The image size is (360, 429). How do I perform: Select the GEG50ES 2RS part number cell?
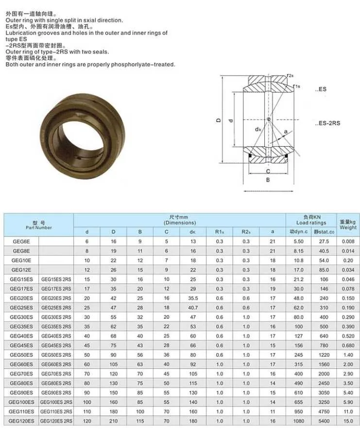[56, 355]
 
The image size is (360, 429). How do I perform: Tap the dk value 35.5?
[193, 298]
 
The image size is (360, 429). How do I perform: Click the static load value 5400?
[322, 421]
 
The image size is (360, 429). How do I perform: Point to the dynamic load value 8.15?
[298, 251]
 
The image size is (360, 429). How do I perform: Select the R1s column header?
[220, 232]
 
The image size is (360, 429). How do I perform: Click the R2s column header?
[246, 232]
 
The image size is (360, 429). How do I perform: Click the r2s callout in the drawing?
[290, 76]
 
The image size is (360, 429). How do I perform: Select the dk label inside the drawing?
[258, 129]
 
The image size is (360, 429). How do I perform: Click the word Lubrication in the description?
[22, 33]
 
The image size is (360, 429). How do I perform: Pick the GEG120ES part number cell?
[21, 421]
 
